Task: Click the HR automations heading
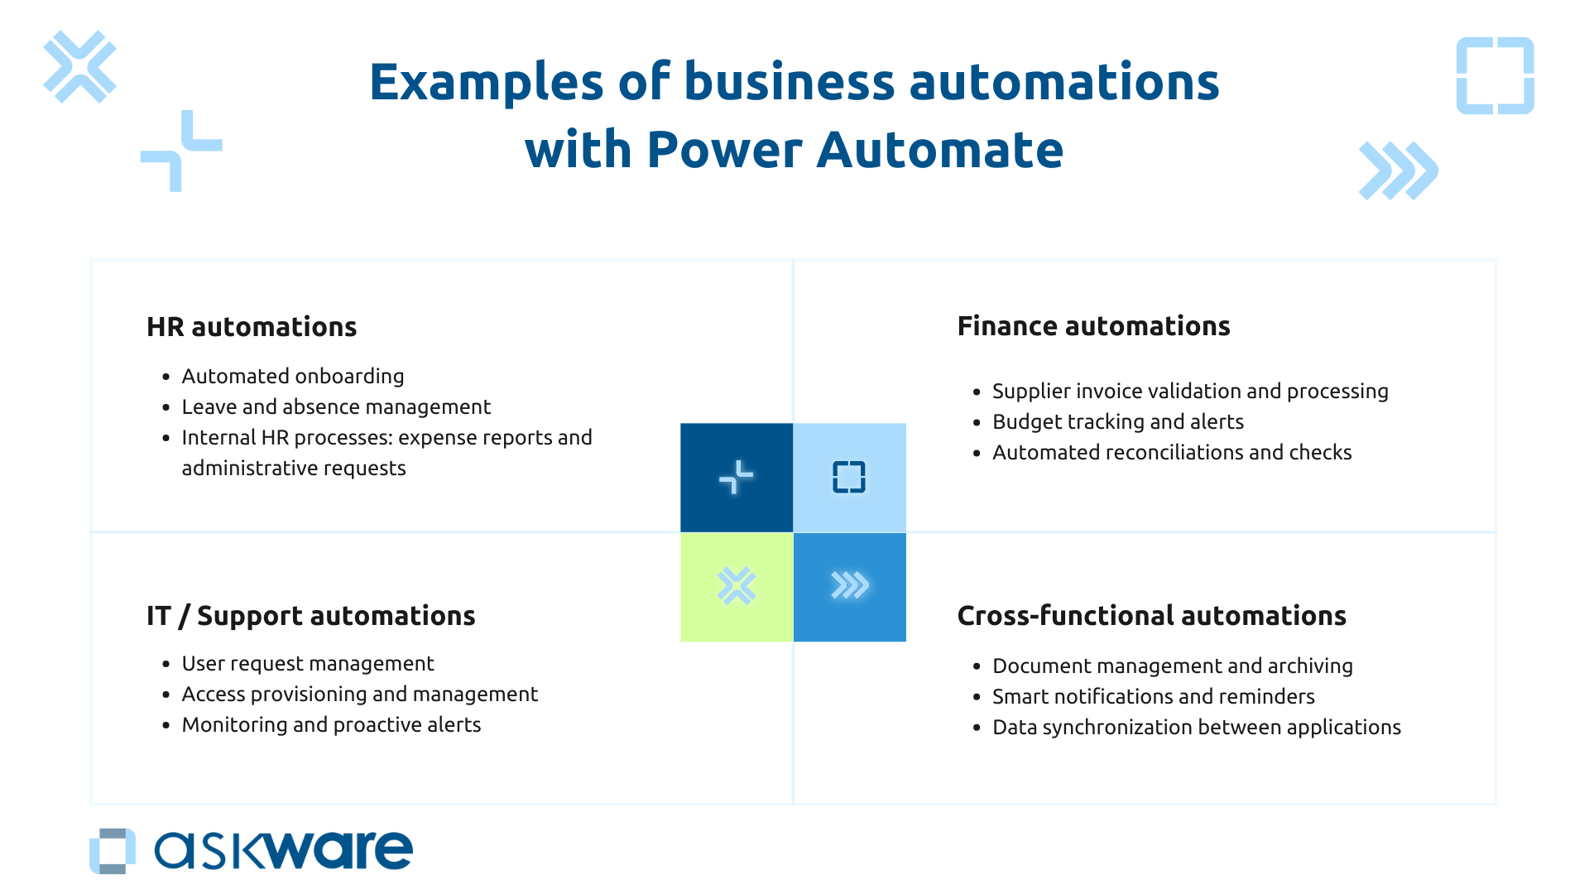pos(252,327)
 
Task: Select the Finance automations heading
pos(1093,326)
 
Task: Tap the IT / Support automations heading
pos(310,616)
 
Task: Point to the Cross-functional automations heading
pos(1151,616)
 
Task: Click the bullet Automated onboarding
pos(292,377)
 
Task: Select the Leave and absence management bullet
pos(336,407)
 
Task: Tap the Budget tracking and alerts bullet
pos(1117,422)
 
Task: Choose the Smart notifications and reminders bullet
pos(1153,697)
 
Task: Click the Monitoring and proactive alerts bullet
pos(331,725)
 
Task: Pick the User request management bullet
pos(307,664)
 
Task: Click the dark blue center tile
pos(737,478)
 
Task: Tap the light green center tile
pos(737,587)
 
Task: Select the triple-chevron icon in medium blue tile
pos(850,586)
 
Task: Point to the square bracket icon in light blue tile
pos(849,478)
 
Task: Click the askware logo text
pos(283,851)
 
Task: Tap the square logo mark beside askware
pos(113,851)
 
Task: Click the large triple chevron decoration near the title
pos(1398,171)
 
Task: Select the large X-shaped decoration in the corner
pos(79,67)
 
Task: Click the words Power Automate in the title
pos(854,151)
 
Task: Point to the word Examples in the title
pos(486,83)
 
